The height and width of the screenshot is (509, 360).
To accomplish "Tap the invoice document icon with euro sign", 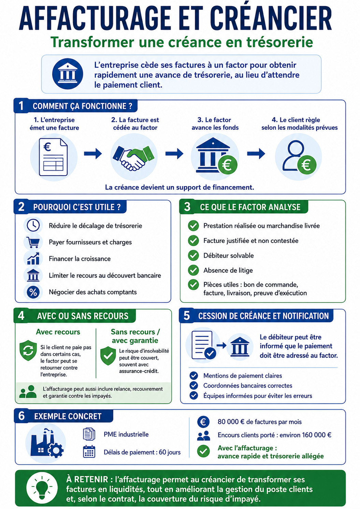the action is tap(53, 157).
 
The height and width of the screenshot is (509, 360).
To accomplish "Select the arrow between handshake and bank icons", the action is tap(174, 154).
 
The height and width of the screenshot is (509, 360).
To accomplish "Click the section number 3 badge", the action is tap(187, 207).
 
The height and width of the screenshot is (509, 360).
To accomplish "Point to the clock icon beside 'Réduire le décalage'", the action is tap(33, 225).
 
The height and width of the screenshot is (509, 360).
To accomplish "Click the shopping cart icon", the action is tap(33, 242).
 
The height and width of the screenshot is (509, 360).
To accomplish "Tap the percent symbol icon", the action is tap(33, 292).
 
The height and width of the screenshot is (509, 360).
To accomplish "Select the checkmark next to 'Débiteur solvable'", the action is tap(193, 255).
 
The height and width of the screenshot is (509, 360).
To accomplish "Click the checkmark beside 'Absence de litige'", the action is tap(193, 270).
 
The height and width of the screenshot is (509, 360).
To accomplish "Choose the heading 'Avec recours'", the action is tap(58, 332).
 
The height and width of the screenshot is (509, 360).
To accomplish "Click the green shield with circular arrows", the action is tap(28, 350).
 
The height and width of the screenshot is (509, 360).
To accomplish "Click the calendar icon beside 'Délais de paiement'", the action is tap(89, 452).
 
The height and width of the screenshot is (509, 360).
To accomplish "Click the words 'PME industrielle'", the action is tap(126, 434).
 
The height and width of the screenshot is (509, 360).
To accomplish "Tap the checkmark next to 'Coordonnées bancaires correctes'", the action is tap(193, 385).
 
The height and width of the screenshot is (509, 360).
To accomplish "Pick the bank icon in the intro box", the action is tap(68, 74).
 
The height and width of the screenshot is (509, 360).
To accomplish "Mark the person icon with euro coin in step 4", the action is tap(299, 156).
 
